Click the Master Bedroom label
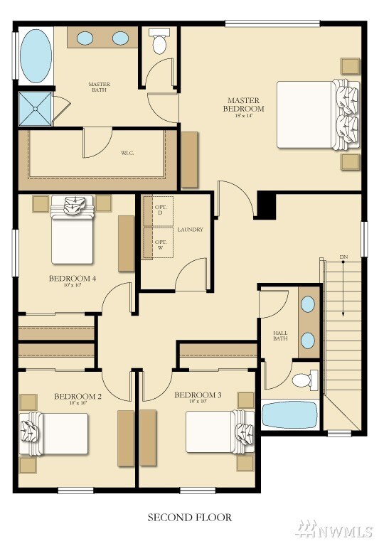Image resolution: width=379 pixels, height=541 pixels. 243,105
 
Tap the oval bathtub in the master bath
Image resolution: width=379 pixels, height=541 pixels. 35,56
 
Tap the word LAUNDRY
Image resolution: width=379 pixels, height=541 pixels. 191,230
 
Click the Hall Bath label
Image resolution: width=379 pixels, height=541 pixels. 280,336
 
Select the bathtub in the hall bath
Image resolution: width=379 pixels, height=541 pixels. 290,414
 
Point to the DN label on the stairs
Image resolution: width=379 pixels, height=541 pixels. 343,257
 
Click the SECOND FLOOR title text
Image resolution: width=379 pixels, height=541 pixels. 189,517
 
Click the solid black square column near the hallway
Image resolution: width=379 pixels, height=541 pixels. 266,205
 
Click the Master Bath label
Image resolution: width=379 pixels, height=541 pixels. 99,87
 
